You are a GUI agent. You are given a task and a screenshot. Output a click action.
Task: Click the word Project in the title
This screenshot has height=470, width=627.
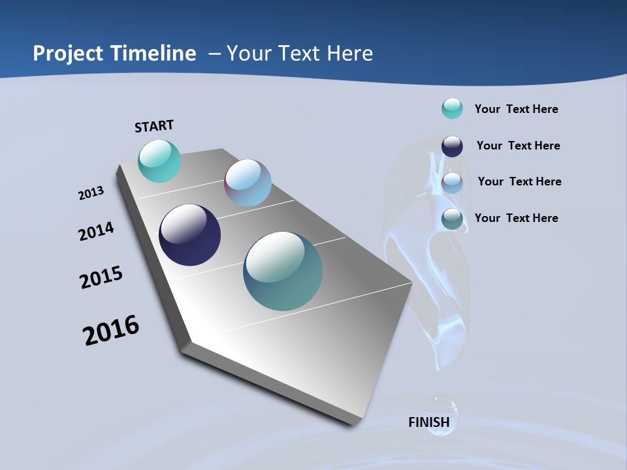pos(69,54)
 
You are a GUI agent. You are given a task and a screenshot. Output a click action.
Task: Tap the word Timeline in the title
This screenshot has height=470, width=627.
pos(153,54)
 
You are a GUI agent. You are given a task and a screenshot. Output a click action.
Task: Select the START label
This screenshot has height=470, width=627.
pos(154,126)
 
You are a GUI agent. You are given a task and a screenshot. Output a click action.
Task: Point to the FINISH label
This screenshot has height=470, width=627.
pos(429,422)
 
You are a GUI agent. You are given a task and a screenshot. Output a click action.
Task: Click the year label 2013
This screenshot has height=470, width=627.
pos(91,193)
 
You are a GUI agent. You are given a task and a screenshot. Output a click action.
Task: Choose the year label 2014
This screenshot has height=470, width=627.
pos(96,231)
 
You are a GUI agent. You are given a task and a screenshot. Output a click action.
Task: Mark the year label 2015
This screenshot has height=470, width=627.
pos(101,277)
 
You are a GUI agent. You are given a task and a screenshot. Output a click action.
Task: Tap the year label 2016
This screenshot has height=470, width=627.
pos(111,330)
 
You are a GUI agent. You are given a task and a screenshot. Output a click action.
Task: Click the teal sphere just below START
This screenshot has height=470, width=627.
pos(159,161)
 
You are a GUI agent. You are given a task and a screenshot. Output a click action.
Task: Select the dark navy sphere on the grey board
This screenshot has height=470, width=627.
pos(189,235)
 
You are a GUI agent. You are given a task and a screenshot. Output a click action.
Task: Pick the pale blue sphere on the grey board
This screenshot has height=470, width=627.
pos(248,183)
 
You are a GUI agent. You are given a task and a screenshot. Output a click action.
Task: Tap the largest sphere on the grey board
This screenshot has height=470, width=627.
pos(283,271)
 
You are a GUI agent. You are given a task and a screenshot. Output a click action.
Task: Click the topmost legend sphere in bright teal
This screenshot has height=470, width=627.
pos(452,108)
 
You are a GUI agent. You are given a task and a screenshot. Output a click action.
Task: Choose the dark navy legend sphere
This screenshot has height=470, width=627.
pos(452,146)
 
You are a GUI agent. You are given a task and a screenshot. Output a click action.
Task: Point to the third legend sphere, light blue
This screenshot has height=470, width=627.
pos(452,183)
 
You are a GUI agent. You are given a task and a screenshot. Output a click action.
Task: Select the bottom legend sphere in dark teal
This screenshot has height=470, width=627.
pos(452,219)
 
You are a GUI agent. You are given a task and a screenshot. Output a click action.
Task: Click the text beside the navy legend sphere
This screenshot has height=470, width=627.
pos(518,146)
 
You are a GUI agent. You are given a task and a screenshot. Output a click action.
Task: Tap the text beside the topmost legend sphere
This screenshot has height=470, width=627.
pos(516,109)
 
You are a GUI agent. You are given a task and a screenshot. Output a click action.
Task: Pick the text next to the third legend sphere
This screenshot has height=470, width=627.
pos(519,181)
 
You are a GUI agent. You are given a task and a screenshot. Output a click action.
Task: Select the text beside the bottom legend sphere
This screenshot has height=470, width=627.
pos(516,218)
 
